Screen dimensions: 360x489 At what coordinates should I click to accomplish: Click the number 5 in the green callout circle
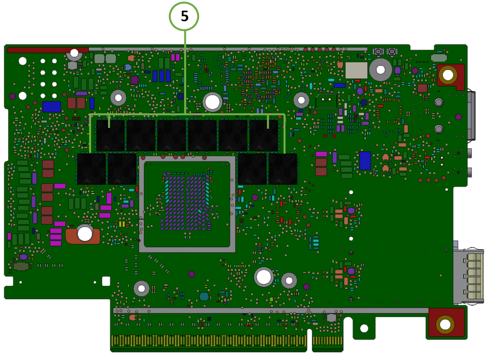point(184,16)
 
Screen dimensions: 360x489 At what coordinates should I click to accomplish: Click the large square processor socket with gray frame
point(187,204)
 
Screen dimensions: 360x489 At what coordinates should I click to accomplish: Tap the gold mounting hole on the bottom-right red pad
point(445,324)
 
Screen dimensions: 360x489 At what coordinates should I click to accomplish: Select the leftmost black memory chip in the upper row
point(110,135)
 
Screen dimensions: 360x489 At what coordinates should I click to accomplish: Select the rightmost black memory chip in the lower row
point(283,169)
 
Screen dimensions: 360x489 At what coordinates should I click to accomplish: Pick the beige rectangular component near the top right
point(356,70)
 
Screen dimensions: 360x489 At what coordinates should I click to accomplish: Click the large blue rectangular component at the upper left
point(52,107)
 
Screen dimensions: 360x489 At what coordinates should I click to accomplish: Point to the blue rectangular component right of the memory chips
point(365,161)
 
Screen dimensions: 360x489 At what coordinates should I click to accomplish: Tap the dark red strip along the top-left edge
point(47,50)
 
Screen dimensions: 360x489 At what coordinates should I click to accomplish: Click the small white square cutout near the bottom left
point(106,281)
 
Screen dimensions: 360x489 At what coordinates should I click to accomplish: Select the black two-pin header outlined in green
point(326,101)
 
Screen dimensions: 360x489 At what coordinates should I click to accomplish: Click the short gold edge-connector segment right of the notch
point(327,340)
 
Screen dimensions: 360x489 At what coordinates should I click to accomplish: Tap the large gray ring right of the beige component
point(380,70)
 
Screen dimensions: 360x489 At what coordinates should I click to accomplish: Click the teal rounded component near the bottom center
point(204,296)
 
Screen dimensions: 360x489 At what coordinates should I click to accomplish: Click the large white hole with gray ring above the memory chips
point(212,102)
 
